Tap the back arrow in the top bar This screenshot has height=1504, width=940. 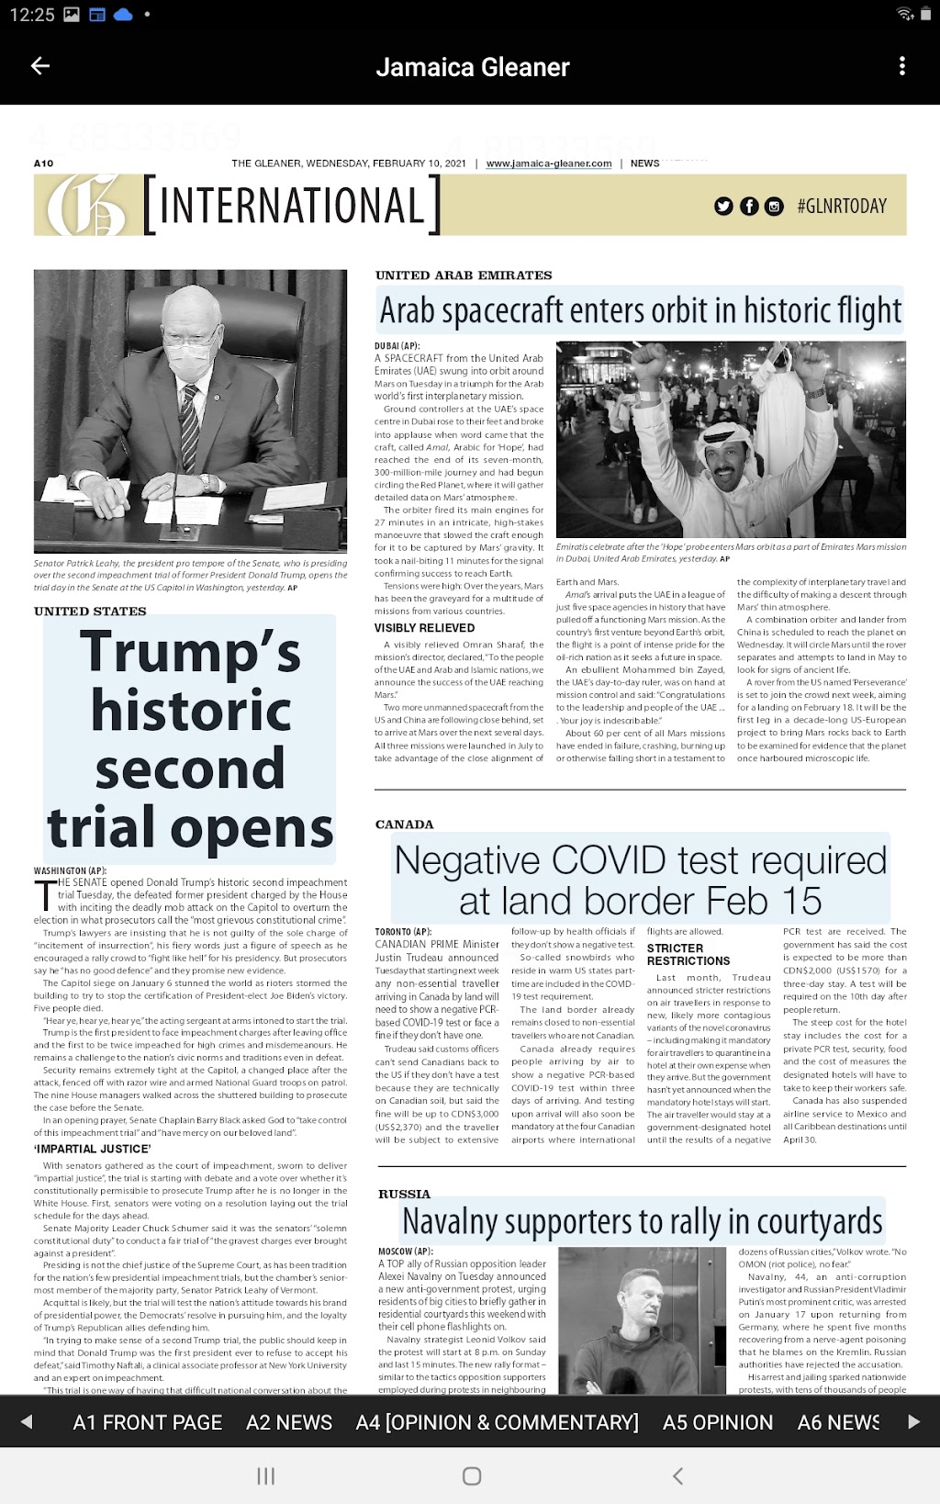point(40,66)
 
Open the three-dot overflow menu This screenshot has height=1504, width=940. point(902,66)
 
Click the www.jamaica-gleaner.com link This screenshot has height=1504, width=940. point(549,163)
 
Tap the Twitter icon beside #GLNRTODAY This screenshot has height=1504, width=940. point(724,206)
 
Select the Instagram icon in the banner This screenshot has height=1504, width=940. point(774,206)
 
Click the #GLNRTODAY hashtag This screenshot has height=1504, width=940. point(842,206)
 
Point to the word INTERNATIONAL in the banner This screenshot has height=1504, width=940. point(292,206)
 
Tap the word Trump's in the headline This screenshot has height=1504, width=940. point(190,652)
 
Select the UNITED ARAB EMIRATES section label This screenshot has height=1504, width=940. point(464,275)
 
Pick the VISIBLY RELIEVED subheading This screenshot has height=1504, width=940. point(424,628)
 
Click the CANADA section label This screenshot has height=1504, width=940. point(404,825)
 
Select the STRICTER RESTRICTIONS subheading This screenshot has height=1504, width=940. point(688,954)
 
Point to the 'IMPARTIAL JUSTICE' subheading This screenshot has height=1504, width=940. point(93,1149)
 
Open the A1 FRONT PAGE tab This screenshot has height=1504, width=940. point(147,1422)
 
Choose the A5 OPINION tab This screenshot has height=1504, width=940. point(718,1422)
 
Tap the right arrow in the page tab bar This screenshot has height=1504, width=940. point(912,1422)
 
